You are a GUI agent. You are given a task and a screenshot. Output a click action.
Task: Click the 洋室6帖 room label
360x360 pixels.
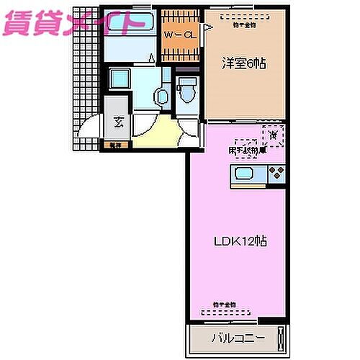coord(243,63)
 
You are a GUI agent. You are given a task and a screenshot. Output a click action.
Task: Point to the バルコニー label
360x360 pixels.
coord(238,338)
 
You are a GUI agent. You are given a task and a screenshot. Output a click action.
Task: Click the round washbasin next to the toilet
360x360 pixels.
coord(162,94)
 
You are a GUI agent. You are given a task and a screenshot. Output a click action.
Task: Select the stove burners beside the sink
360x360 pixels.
coord(277,174)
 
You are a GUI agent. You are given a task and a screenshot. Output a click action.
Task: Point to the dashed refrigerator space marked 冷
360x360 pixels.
coord(274,134)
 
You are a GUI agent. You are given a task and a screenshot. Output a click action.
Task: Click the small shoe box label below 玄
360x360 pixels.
coord(114,144)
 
